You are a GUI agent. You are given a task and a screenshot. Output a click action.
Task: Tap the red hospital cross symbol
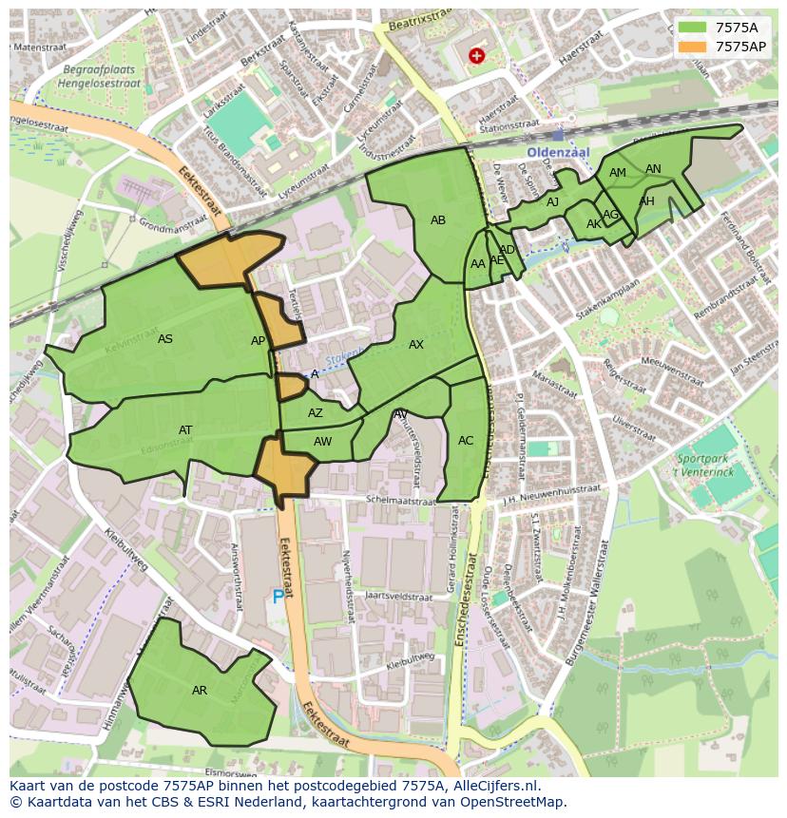click(476, 56)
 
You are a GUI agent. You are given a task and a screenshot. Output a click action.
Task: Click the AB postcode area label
click(438, 220)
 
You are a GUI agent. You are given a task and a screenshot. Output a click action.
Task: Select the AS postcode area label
click(165, 339)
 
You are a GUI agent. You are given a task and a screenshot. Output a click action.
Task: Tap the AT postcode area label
click(185, 430)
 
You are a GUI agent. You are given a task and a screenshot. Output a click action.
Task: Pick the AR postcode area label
click(200, 691)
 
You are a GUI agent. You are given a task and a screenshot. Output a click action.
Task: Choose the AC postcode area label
click(466, 441)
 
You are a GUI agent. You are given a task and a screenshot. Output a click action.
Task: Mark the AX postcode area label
click(416, 345)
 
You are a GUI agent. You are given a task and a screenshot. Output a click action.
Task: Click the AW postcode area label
click(323, 442)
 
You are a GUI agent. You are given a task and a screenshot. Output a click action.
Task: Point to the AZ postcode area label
click(316, 413)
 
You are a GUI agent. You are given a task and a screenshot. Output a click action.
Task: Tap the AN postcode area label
click(653, 169)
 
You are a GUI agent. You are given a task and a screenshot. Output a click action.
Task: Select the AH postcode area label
click(647, 201)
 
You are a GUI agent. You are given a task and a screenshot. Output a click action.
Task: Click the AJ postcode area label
click(553, 202)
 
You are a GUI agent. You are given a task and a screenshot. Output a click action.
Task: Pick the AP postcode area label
click(259, 341)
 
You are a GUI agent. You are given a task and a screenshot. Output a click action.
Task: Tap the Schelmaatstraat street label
click(402, 499)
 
